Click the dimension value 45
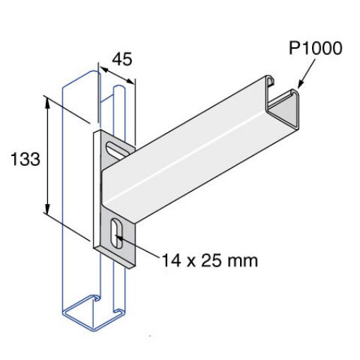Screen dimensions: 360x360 pyautogui.click(x=122, y=60)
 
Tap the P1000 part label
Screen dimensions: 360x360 pyautogui.click(x=315, y=49)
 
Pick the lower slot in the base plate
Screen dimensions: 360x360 pyautogui.click(x=117, y=234)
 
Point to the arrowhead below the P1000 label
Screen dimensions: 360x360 pyautogui.click(x=300, y=84)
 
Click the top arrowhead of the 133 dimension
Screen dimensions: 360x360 pyautogui.click(x=49, y=102)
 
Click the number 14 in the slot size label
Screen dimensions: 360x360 pyautogui.click(x=171, y=260)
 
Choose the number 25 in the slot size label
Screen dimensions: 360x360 pyautogui.click(x=211, y=260)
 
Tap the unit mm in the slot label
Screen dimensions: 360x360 pyautogui.click(x=241, y=260)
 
